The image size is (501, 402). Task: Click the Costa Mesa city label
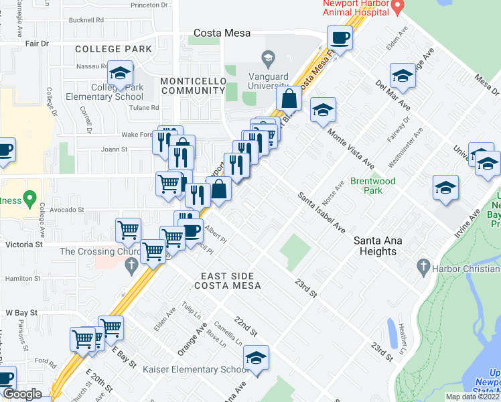(222, 33)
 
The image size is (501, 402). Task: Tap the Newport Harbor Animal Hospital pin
(397, 8)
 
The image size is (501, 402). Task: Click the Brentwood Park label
(373, 186)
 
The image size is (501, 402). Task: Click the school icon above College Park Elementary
(121, 73)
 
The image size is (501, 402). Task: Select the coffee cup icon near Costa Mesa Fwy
(340, 37)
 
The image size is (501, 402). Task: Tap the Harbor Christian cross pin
(422, 267)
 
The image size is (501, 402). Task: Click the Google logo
(22, 395)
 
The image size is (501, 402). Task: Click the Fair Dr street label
(37, 44)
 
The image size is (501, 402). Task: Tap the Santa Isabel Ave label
(321, 210)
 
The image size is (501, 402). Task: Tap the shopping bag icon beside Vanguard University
(289, 98)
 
